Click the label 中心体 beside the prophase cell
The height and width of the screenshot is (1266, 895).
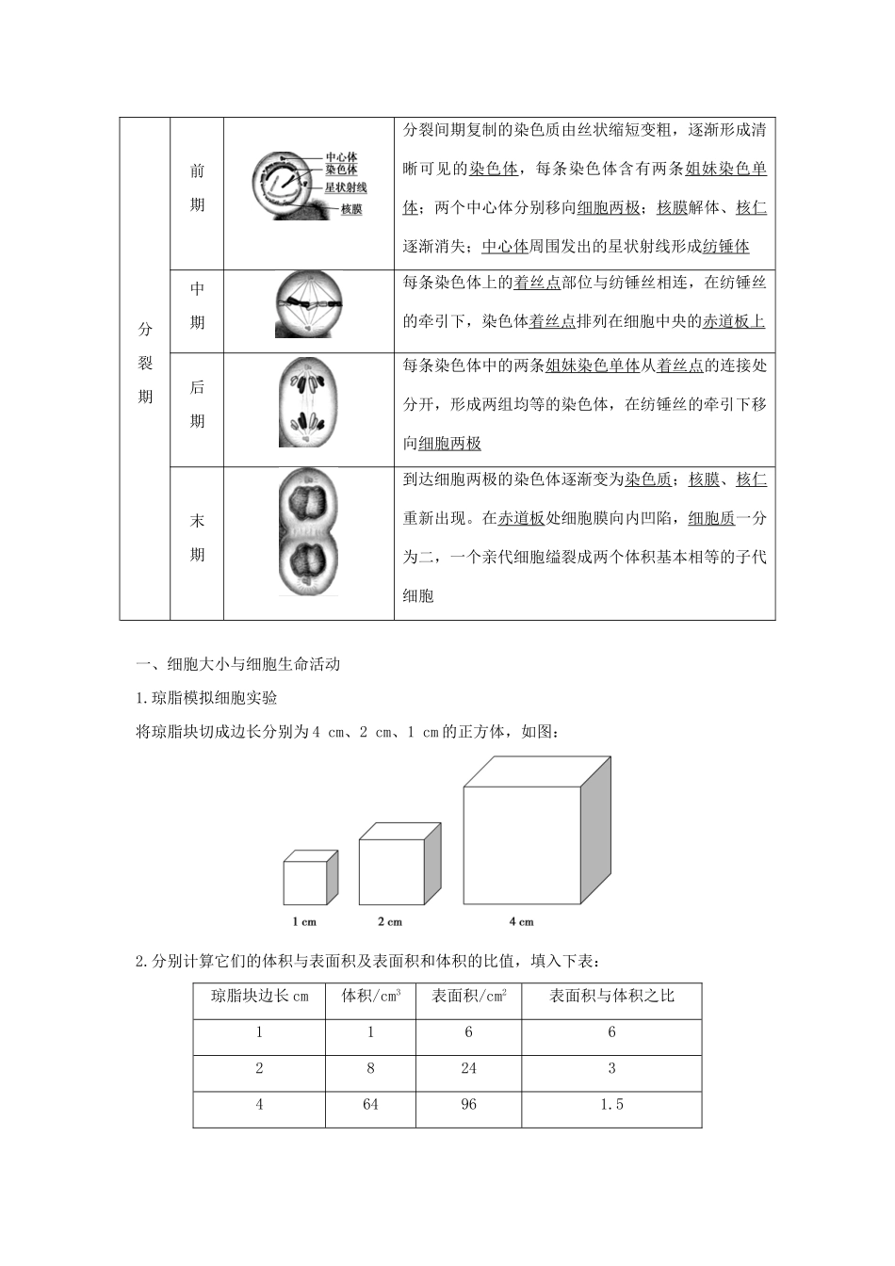point(341,158)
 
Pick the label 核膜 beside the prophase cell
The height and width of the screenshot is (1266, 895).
point(351,208)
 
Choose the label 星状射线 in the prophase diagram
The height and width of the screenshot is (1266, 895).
point(346,187)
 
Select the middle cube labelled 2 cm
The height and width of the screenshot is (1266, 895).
point(399,863)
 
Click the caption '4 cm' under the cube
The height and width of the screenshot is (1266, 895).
point(521,921)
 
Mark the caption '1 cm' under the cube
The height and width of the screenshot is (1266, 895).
point(303,921)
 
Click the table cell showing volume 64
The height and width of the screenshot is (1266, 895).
point(370,1104)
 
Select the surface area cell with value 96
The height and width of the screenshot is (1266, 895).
point(469,1104)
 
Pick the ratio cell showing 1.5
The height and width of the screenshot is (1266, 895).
point(611,1104)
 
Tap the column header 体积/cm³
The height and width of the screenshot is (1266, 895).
point(370,996)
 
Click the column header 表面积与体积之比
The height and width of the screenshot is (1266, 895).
point(611,996)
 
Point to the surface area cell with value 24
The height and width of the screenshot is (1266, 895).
point(469,1068)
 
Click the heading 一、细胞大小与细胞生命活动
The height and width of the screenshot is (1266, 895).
point(238,664)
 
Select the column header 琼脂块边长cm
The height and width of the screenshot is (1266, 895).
point(260,996)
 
